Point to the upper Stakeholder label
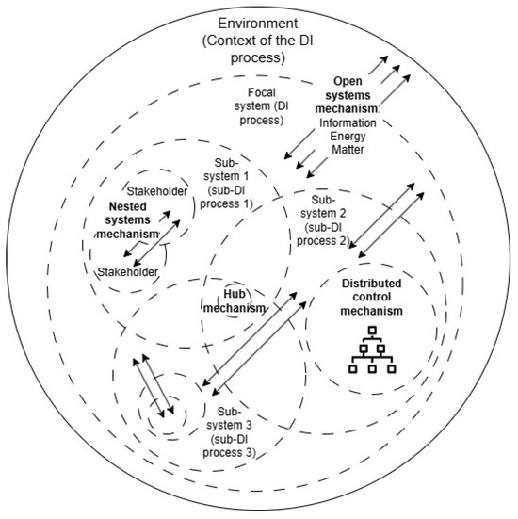pos(155,191)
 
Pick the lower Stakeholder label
pos(128,271)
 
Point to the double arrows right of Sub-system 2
pos(386,222)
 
